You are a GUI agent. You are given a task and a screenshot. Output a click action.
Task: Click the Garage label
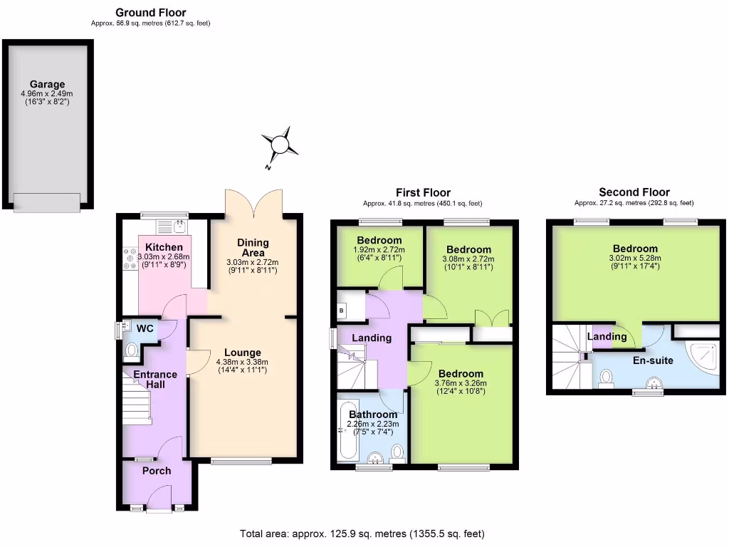(x=47, y=84)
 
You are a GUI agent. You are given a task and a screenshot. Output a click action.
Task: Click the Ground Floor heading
(x=150, y=12)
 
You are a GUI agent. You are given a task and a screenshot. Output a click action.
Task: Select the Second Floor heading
(x=634, y=192)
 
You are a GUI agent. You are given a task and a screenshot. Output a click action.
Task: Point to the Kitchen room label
(x=164, y=247)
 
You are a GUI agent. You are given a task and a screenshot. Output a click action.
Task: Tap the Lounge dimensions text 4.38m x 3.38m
(x=243, y=361)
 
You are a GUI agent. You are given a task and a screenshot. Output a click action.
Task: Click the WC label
(x=145, y=328)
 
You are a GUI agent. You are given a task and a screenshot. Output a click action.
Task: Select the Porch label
(x=157, y=471)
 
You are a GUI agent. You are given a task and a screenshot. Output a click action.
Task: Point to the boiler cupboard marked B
(x=341, y=311)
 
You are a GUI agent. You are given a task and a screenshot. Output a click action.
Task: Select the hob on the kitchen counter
(x=130, y=259)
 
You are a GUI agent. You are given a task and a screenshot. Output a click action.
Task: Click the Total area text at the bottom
(x=362, y=533)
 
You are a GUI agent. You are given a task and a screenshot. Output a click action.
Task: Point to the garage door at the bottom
(x=47, y=202)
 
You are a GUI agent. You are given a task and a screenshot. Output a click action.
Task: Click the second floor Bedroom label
(x=635, y=249)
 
